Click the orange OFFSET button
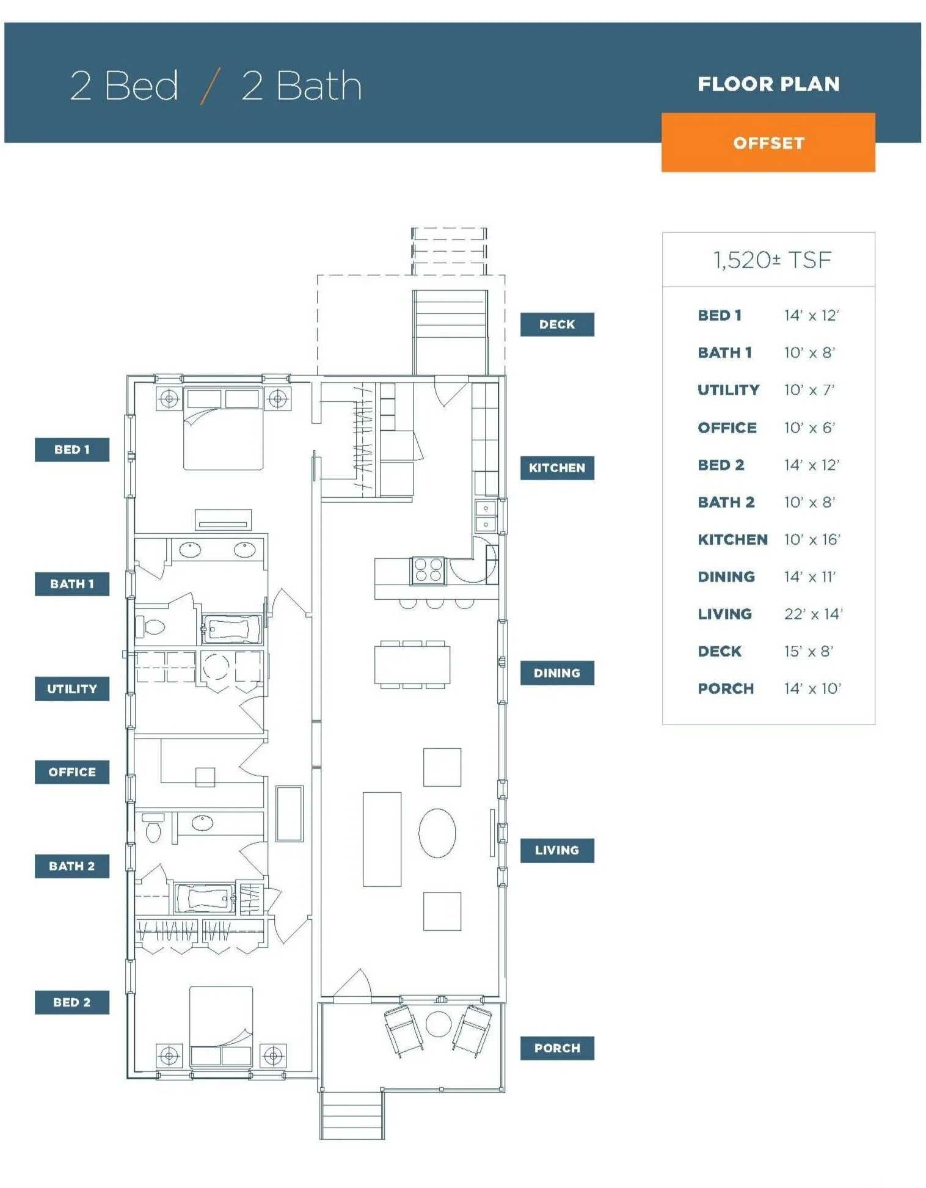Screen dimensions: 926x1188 tap(768, 142)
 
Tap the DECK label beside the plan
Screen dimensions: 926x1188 tap(556, 324)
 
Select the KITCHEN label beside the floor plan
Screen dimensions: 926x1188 tap(556, 468)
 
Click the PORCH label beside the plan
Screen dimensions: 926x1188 tap(556, 1048)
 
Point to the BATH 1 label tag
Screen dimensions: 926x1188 tap(71, 584)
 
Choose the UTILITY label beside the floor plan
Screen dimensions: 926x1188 tap(71, 689)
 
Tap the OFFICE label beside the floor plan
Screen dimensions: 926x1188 tap(71, 772)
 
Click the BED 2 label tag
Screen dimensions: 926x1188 tap(71, 1002)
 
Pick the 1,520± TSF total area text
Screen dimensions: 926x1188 tap(772, 260)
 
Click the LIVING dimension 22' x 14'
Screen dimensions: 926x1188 tap(813, 614)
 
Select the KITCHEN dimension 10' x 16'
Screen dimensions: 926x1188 tap(812, 539)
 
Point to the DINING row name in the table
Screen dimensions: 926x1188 tap(726, 577)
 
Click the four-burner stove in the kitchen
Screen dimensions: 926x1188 tap(428, 570)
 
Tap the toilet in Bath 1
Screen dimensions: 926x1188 tap(151, 627)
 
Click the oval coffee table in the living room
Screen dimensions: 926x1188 tap(437, 833)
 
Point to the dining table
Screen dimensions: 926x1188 tap(412, 665)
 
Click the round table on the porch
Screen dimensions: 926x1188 tap(438, 1024)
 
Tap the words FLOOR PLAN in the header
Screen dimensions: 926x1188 tap(768, 84)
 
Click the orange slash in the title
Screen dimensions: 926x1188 tap(210, 86)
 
